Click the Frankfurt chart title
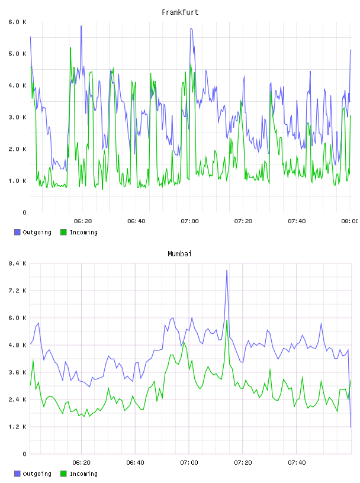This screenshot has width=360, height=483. [180, 12]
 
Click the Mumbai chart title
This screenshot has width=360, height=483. [179, 254]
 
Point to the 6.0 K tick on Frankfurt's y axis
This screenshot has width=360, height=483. [17, 22]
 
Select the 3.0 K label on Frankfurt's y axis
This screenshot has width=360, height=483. [17, 117]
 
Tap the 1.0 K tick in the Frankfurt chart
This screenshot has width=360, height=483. [17, 181]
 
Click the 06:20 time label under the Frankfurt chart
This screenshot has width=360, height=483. [83, 221]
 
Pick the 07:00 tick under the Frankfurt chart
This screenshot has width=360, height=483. [190, 221]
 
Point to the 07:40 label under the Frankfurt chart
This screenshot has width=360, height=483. [297, 221]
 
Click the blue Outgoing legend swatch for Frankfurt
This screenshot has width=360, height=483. [17, 232]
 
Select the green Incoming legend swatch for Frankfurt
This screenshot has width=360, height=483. [63, 232]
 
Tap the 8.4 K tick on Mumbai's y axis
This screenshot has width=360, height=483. [17, 263]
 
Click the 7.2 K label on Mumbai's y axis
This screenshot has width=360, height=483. [17, 291]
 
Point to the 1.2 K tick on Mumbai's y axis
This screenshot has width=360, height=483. [17, 427]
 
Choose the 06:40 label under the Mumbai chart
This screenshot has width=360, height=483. [136, 463]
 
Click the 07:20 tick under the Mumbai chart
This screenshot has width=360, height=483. [243, 463]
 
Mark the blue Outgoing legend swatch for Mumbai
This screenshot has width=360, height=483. [17, 474]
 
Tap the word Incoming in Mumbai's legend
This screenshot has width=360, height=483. [83, 474]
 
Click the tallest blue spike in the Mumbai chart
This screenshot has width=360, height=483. [227, 271]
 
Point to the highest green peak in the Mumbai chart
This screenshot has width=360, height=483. [227, 320]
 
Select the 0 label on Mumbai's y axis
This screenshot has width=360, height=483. [24, 454]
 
